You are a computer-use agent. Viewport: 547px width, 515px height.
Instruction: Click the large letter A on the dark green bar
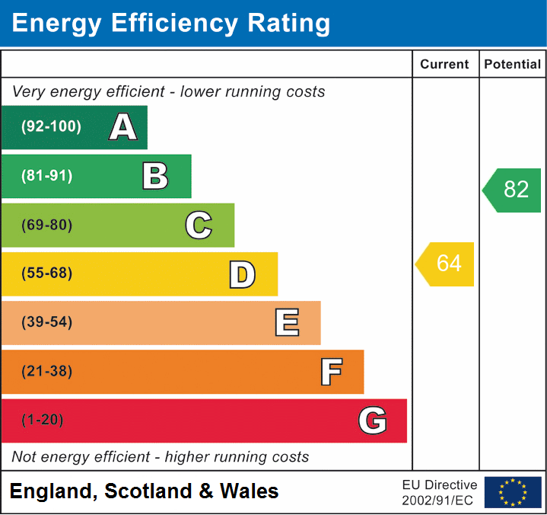click(122, 127)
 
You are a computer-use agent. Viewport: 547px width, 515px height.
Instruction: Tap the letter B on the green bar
click(155, 176)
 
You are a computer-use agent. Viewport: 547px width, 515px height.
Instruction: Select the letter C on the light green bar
click(199, 225)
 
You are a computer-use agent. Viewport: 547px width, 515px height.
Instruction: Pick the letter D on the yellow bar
click(242, 274)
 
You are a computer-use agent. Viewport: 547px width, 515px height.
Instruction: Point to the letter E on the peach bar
click(286, 323)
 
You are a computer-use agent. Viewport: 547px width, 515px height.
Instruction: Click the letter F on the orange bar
click(330, 372)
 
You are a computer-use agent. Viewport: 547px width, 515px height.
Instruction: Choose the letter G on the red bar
click(372, 421)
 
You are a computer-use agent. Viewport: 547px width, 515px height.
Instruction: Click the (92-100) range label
click(51, 127)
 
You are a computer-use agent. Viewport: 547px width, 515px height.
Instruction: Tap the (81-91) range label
click(47, 176)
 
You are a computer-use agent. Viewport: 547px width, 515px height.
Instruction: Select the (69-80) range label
click(47, 225)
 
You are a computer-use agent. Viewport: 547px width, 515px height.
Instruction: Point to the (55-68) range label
click(47, 273)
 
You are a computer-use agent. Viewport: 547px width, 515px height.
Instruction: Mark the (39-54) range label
click(47, 322)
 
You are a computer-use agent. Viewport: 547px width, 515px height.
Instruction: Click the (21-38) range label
click(47, 372)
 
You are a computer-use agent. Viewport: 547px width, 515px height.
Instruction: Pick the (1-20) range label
click(43, 421)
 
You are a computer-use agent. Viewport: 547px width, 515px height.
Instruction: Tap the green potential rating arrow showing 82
click(514, 190)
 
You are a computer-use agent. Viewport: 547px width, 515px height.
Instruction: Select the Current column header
click(445, 65)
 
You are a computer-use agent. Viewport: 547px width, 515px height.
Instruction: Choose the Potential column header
click(513, 65)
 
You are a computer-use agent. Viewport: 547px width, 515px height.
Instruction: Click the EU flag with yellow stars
click(513, 492)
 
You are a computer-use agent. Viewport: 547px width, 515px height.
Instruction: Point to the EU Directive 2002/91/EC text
click(440, 492)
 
